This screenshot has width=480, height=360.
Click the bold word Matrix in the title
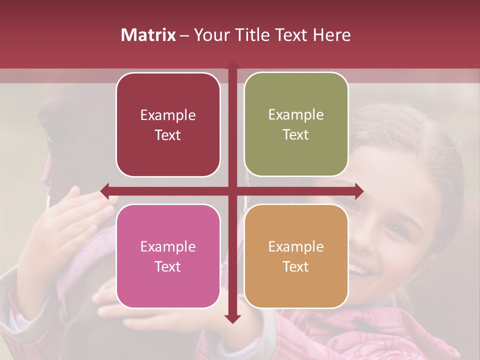[x=148, y=35]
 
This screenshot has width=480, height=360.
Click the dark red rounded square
[x=168, y=124]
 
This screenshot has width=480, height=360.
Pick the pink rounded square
[x=168, y=256]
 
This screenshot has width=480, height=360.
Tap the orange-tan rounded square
[x=296, y=256]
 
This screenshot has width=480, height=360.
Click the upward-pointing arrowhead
[x=232, y=65]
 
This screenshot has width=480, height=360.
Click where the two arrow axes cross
[x=232, y=191]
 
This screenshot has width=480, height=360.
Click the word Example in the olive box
[x=296, y=115]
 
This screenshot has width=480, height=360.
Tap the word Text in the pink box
[x=168, y=266]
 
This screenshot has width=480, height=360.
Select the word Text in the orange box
[x=296, y=266]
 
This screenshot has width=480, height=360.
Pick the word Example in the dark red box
[x=168, y=115]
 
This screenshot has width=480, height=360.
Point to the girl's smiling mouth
[x=361, y=270]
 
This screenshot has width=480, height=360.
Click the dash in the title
[x=184, y=35]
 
